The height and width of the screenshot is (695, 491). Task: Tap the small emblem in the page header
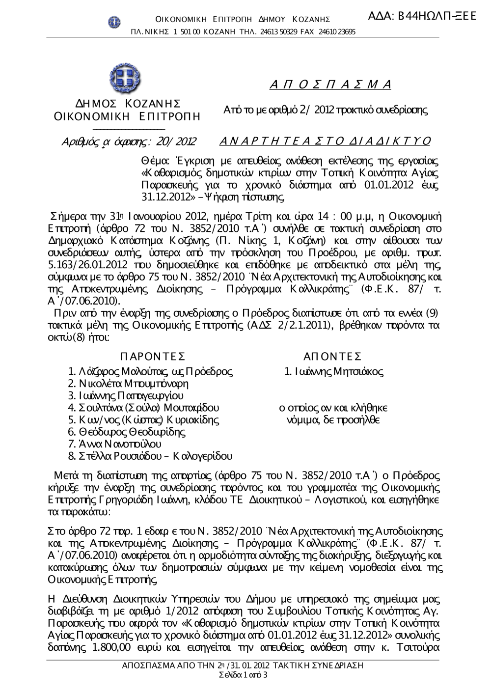[x=114, y=21]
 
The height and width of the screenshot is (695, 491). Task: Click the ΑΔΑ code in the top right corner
[x=422, y=15]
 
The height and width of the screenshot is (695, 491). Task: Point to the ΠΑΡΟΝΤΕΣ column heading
[x=152, y=356]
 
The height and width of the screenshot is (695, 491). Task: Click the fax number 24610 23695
[x=337, y=32]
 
